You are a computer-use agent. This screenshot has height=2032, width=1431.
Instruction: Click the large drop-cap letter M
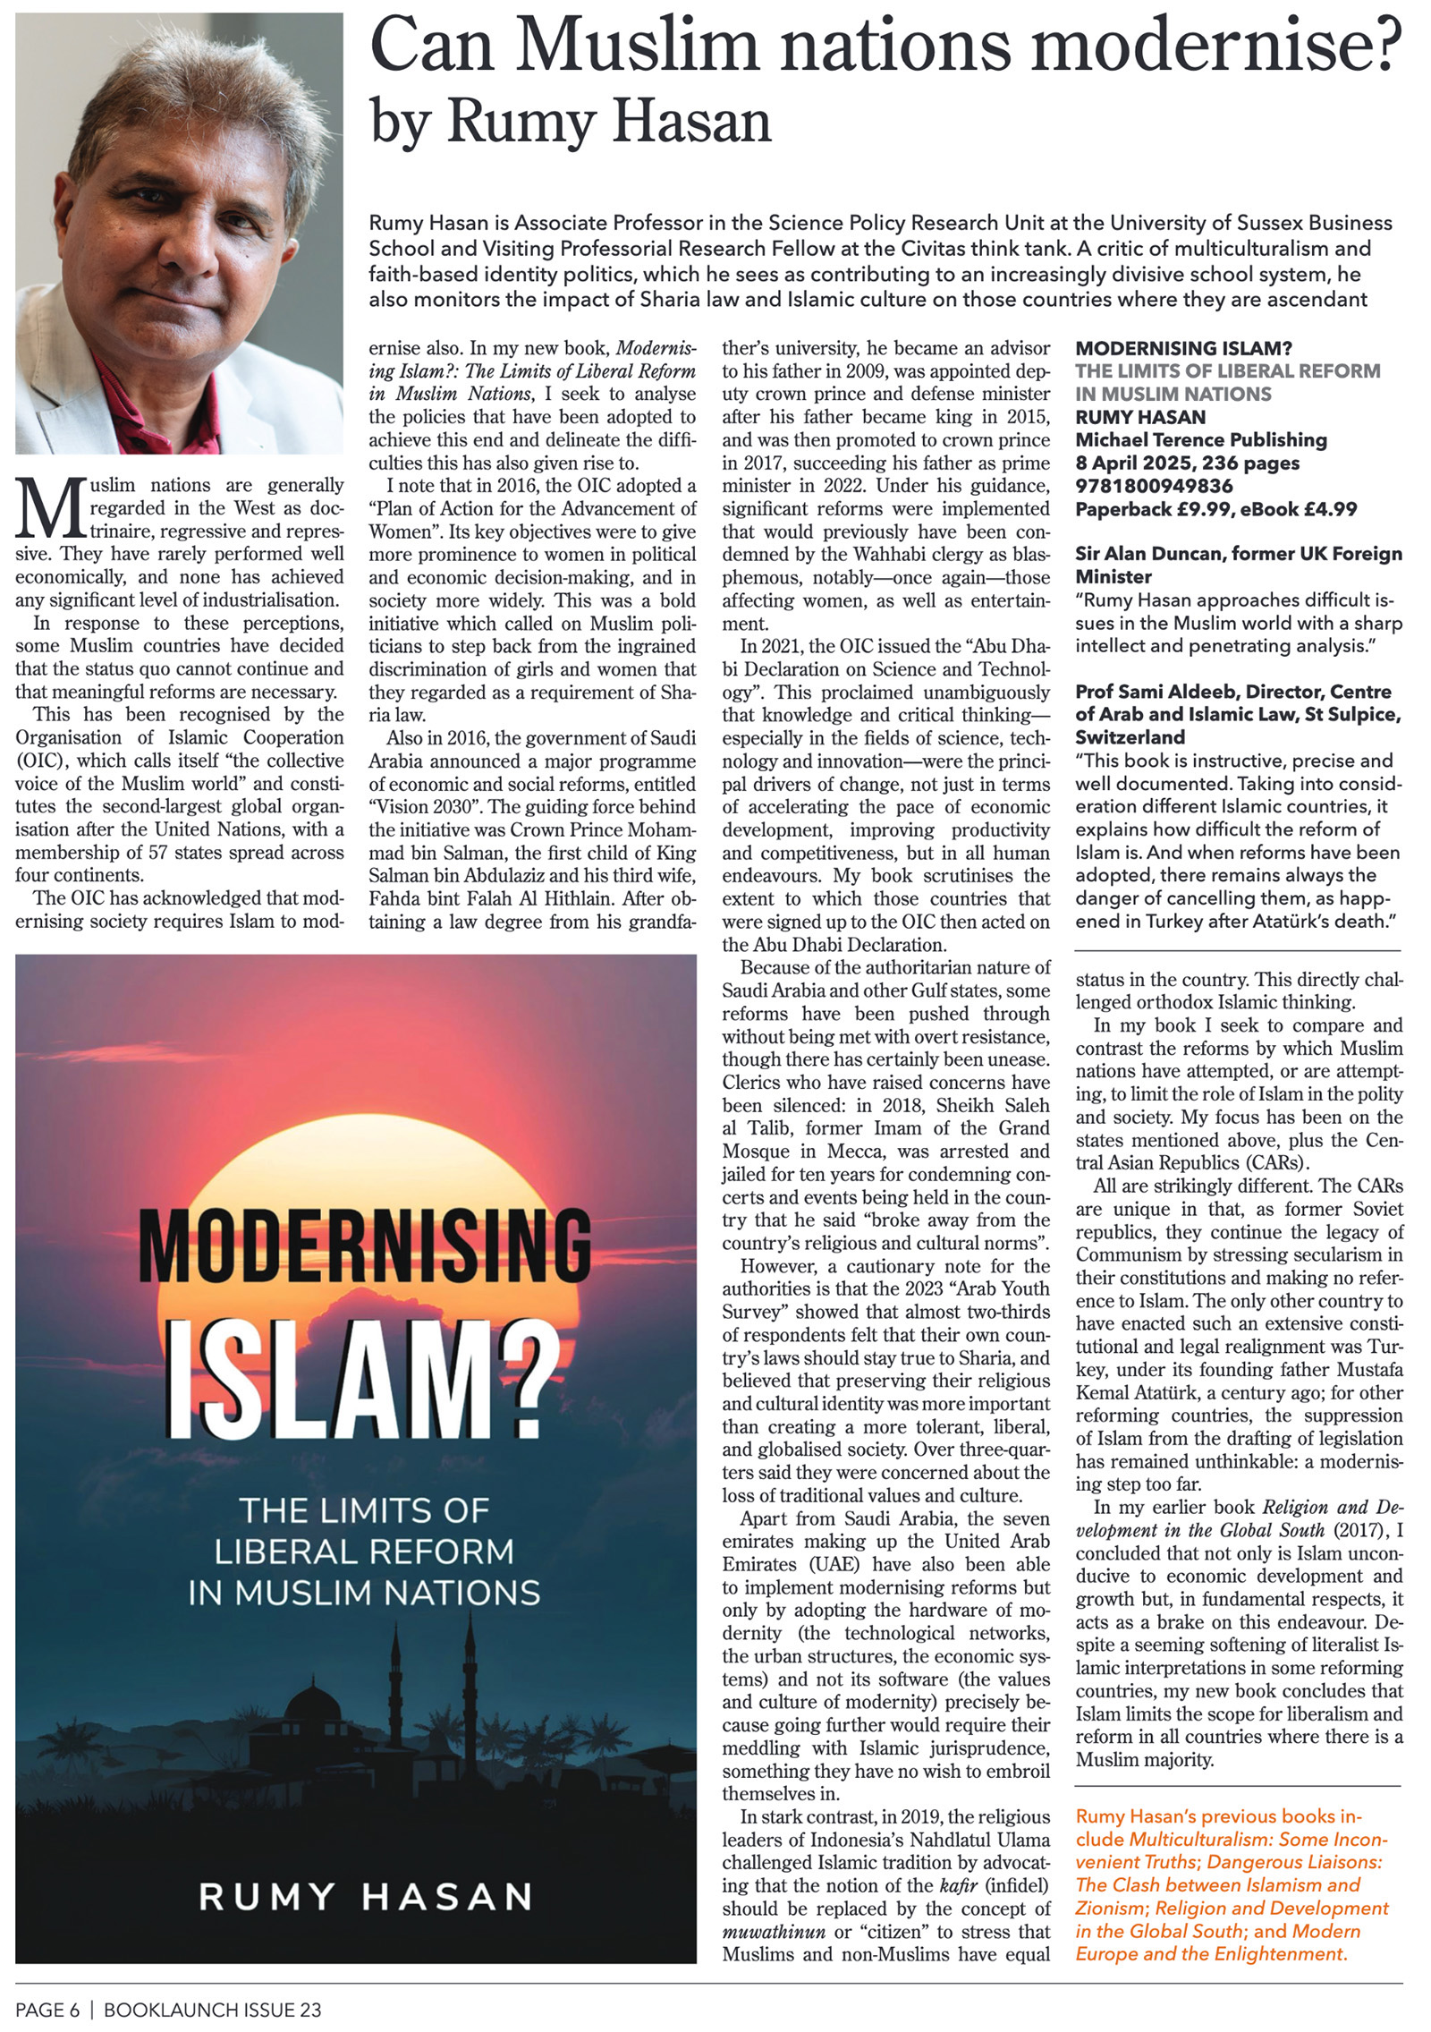[51, 507]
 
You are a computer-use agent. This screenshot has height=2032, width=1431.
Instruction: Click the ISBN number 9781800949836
[1154, 486]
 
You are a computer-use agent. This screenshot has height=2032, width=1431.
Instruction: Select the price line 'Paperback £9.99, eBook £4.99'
[1215, 509]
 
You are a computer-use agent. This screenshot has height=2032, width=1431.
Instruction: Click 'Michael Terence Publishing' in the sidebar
[1200, 439]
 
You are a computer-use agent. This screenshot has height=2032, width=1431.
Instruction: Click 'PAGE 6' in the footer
[47, 2010]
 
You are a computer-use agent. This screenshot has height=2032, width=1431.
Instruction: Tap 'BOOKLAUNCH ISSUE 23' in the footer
[212, 2010]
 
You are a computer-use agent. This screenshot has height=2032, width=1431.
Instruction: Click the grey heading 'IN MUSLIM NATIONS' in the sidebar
[1173, 394]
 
